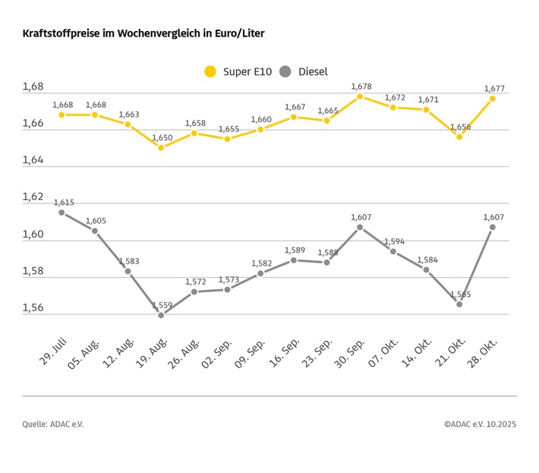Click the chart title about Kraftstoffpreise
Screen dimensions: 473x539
click(143, 34)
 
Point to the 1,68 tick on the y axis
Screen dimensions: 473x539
click(33, 87)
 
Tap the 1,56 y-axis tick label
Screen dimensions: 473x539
click(33, 308)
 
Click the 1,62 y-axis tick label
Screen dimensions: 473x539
click(33, 197)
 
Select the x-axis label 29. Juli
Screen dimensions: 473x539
click(49, 347)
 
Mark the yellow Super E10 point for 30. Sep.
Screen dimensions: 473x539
click(360, 96)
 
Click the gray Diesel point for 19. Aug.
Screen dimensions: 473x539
click(161, 315)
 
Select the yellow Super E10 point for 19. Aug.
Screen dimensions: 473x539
click(161, 147)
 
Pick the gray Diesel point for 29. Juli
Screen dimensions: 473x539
click(61, 213)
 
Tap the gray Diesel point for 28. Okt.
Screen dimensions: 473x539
click(493, 227)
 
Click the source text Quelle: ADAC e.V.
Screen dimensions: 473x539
click(53, 424)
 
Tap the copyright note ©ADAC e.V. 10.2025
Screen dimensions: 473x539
click(480, 424)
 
